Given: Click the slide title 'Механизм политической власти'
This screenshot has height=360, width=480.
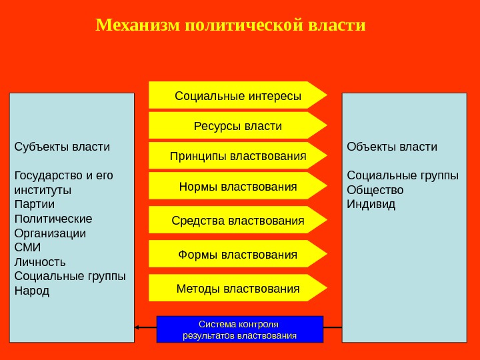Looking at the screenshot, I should coord(231,25).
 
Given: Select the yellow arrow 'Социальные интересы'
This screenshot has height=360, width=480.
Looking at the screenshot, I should coord(237,95).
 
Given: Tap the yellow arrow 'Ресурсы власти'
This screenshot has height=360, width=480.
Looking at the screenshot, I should coord(237,126).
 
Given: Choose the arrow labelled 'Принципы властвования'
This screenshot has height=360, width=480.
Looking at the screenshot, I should coord(237,156).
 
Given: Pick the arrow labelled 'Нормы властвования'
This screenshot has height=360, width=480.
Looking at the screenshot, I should coord(237,186).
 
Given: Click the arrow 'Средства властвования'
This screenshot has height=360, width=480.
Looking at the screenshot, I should coord(237,220).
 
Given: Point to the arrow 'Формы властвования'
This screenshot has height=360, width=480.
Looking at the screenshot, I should coord(237,254).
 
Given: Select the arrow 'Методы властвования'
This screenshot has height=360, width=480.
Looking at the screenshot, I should coord(237,288).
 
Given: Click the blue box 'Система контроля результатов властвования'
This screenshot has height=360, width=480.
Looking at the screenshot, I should coord(239,329).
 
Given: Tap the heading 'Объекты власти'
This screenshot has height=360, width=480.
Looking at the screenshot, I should coord(392,146).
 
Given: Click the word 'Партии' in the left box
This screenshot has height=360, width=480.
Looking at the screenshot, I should coord(35,204).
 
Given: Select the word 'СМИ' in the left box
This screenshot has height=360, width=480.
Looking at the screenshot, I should coord(27,247).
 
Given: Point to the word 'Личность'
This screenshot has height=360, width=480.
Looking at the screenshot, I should coord(40,262).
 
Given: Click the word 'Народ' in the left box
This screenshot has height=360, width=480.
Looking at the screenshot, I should coord(32,291).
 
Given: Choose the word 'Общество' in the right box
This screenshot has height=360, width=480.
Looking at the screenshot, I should coord(375,189).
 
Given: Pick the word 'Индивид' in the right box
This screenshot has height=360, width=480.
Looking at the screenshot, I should coord(371,204).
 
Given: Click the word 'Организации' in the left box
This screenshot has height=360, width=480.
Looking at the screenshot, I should coord(50,233).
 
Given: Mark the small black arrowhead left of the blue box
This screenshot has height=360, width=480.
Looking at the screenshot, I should coord(137,327).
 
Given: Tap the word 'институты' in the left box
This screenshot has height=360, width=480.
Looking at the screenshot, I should coord(43,189).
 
